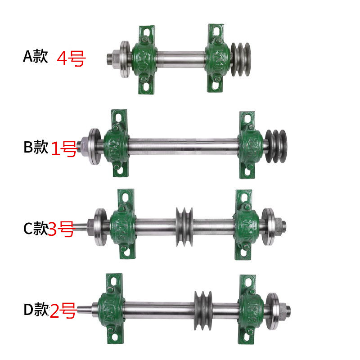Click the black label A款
pyautogui.click(x=36, y=56)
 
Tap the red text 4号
pyautogui.click(x=71, y=59)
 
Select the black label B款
pyautogui.click(x=36, y=147)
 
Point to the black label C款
pyautogui.click(x=36, y=228)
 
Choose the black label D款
pyautogui.click(x=36, y=309)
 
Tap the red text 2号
pyautogui.click(x=63, y=310)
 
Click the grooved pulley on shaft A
pyautogui.click(x=241, y=59)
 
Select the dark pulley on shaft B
pyautogui.click(x=276, y=146)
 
